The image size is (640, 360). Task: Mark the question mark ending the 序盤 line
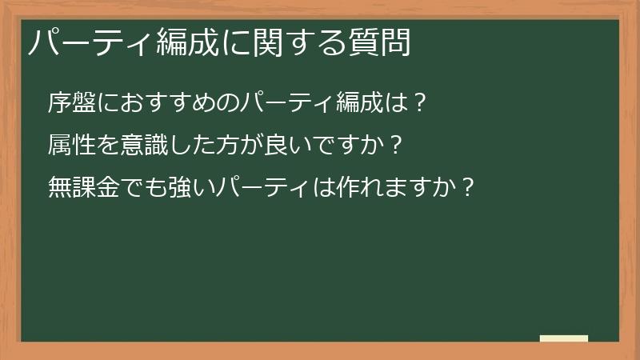[x=419, y=102]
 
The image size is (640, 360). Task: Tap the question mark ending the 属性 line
[x=394, y=145]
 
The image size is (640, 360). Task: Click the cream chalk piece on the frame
[x=564, y=338]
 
